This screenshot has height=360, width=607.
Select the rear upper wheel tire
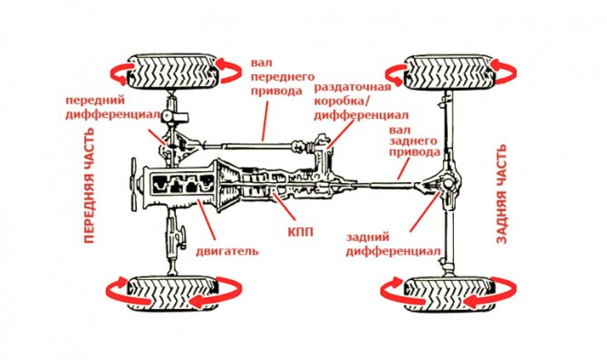pyautogui.click(x=448, y=72)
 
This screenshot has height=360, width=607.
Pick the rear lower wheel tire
pyautogui.click(x=448, y=293)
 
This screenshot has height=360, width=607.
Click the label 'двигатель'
pyautogui.click(x=227, y=251)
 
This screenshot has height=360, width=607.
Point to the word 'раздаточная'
pyautogui.click(x=352, y=88)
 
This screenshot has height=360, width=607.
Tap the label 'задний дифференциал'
pyautogui.click(x=393, y=244)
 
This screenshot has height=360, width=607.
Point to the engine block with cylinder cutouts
pyautogui.click(x=182, y=185)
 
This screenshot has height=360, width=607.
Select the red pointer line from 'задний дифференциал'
pyautogui.click(x=423, y=212)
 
